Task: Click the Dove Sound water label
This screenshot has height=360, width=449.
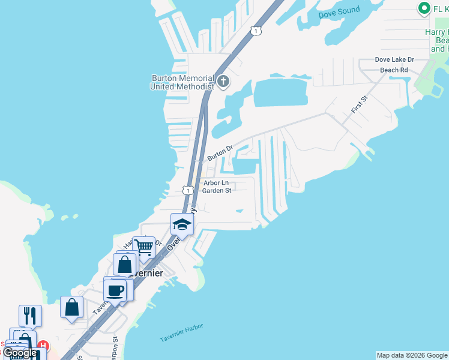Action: point(340,10)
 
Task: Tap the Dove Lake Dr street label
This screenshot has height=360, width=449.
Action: point(394,59)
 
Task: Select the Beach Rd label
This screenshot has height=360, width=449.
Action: point(394,70)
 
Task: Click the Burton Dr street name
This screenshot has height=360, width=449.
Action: point(220,152)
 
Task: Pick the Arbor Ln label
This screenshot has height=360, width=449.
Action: point(216,182)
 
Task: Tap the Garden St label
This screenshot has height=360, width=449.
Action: point(217,191)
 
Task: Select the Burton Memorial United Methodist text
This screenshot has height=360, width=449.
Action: point(182,82)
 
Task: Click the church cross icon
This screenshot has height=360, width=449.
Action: point(223,82)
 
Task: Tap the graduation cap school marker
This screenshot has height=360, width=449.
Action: point(182,224)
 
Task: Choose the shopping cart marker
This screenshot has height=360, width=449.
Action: point(144,247)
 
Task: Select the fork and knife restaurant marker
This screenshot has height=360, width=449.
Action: point(30,315)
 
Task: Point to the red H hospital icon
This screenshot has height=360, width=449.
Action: point(43,347)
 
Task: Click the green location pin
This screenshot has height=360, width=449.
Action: point(424,8)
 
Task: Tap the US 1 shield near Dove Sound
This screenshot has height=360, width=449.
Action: point(256,31)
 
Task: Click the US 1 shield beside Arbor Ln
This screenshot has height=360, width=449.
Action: point(188,190)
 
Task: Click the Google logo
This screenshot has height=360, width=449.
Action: point(19,353)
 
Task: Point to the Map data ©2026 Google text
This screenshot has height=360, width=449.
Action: point(411,355)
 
